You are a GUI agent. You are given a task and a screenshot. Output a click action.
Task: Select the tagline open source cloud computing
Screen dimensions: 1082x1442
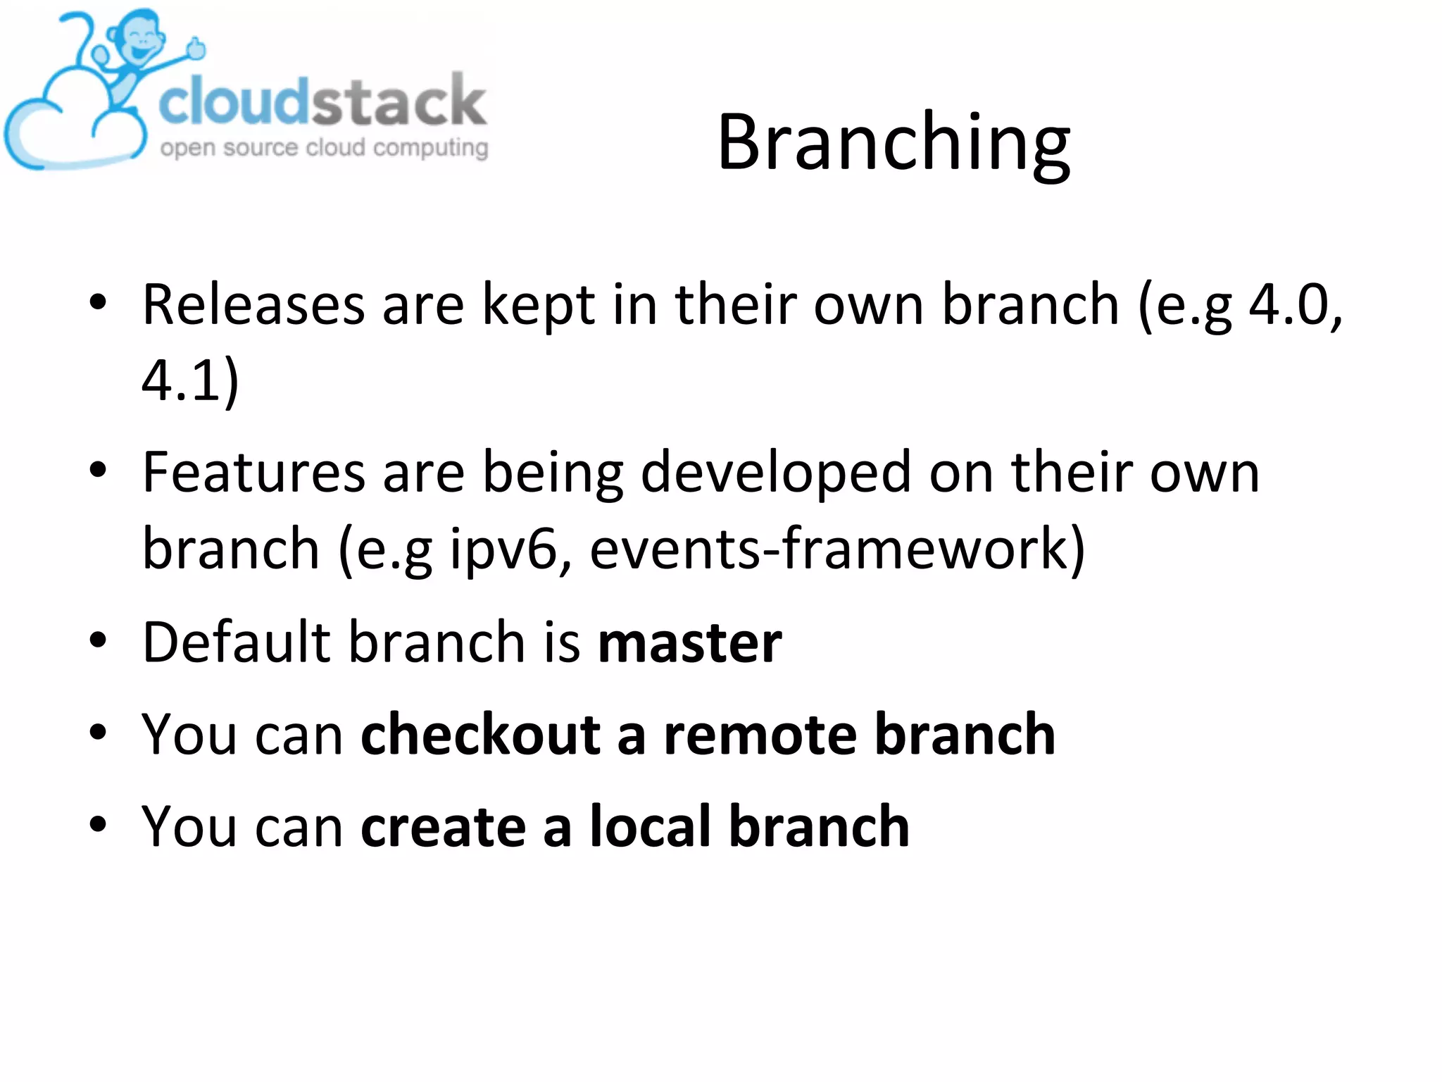pos(324,148)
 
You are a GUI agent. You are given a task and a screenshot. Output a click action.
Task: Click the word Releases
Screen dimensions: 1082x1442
pos(253,305)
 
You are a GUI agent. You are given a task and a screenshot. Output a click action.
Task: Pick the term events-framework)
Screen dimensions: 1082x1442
pos(838,548)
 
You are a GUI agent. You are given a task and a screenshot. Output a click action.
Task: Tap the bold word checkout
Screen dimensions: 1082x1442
pos(480,735)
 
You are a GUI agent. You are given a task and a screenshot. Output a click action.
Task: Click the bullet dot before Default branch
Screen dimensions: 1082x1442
pos(98,641)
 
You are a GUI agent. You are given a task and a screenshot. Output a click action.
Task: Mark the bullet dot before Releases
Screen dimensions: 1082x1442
pos(98,304)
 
